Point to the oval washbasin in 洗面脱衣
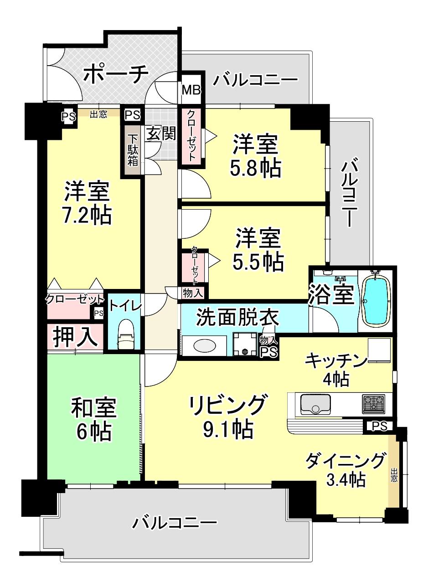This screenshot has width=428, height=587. point(205,346)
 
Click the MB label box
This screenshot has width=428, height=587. point(191,90)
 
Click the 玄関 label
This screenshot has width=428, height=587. point(160,134)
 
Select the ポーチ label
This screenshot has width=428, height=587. point(116,74)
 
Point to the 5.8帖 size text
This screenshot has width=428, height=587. point(256,168)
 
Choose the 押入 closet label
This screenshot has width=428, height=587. point(74,336)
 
